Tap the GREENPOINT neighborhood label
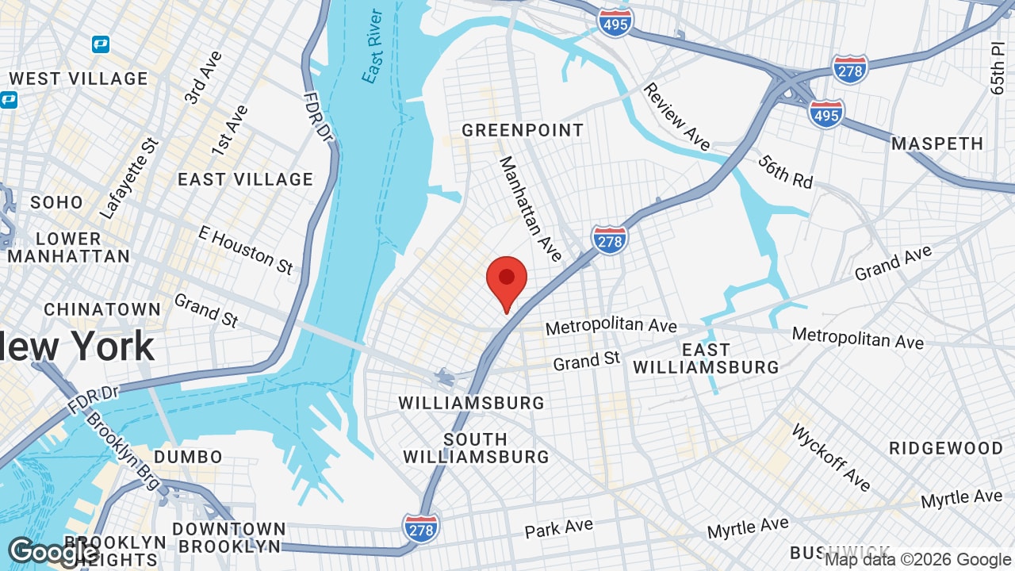point(523,130)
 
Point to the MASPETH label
point(937,144)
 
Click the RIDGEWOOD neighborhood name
point(946,448)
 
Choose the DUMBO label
point(189,457)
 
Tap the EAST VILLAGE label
point(245,180)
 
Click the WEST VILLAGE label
point(79,79)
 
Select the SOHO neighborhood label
point(56,202)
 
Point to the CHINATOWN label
point(102,309)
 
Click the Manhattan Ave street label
point(530,209)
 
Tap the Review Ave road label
point(676,117)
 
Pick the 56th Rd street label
point(785,171)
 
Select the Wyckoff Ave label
point(831,458)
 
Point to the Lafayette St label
point(129,178)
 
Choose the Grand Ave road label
point(893,263)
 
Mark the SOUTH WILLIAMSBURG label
point(476,448)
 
